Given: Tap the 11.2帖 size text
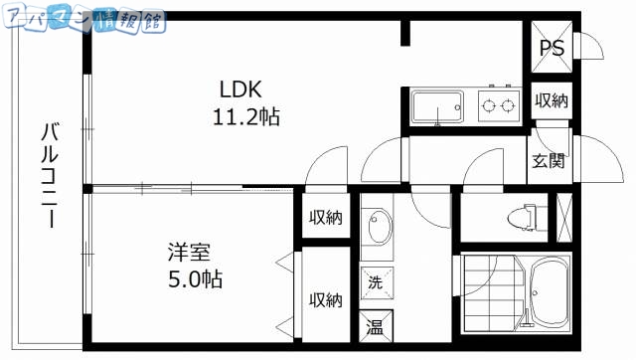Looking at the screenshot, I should pyautogui.click(x=244, y=115).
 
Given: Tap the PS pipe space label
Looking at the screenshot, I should pyautogui.click(x=552, y=48).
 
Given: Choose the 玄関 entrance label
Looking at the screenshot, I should pyautogui.click(x=548, y=160).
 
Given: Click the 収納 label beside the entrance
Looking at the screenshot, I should pyautogui.click(x=552, y=99).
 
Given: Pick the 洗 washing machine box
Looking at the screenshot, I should pyautogui.click(x=375, y=280).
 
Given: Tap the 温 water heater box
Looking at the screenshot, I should pyautogui.click(x=376, y=326).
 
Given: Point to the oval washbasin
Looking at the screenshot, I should pyautogui.click(x=376, y=231).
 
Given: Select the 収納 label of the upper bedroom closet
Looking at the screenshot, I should pyautogui.click(x=324, y=217).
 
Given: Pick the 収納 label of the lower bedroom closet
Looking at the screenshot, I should pyautogui.click(x=324, y=299).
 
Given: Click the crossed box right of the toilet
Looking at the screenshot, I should pyautogui.click(x=564, y=215).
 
